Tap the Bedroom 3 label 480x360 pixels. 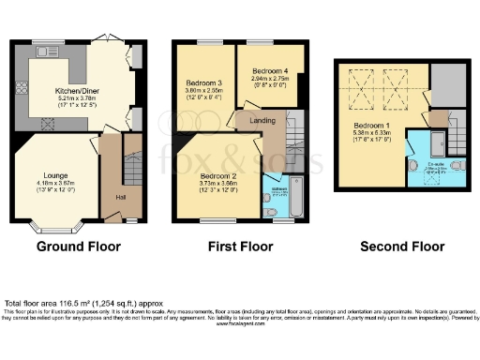(x=203, y=84)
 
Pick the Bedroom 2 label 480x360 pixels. (x=217, y=175)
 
